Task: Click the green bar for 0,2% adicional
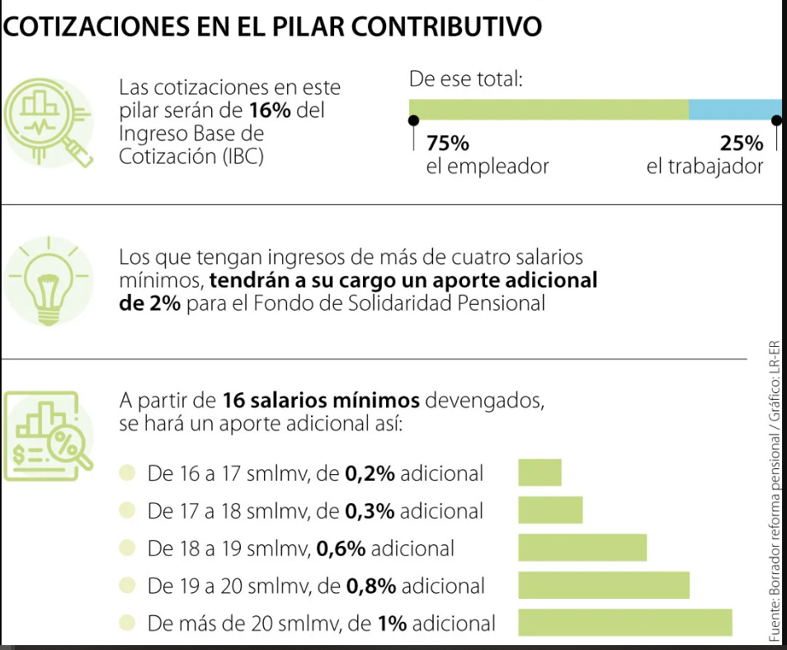[540, 472]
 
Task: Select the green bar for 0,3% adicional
[550, 510]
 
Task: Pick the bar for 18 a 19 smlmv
[582, 548]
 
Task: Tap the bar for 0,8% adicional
[604, 585]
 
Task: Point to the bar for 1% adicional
[625, 622]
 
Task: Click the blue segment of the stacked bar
[734, 110]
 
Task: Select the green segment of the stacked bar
[549, 110]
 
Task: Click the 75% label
[448, 143]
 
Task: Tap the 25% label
[742, 143]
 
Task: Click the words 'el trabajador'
[705, 167]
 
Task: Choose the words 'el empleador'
[488, 167]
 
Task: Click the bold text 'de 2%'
[151, 303]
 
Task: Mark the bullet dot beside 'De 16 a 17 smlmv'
[127, 473]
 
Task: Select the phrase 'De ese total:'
[467, 80]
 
